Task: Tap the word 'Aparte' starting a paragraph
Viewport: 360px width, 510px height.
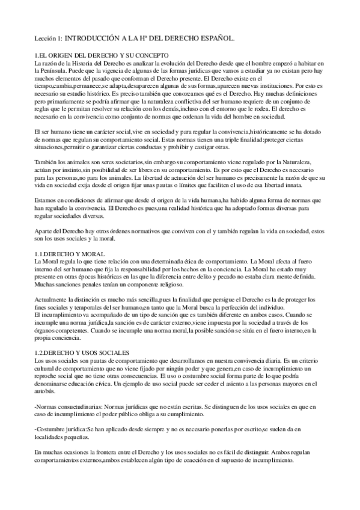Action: click(x=44, y=231)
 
